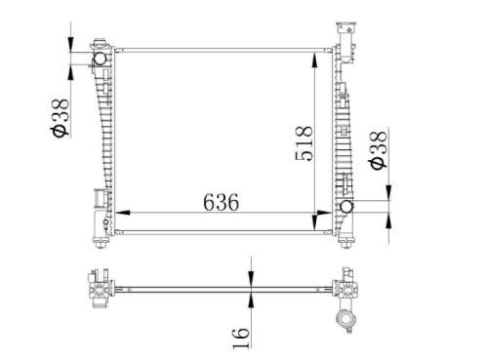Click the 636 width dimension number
point(221,202)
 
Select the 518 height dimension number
point(304,143)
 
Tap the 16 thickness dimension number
point(241,338)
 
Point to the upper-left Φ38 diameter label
point(60,117)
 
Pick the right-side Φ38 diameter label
point(379,150)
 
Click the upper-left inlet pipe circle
point(100,59)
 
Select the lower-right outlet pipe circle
point(346,207)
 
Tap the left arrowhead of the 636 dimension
point(123,213)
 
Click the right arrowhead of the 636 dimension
point(324,213)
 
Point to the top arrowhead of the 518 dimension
point(314,60)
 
